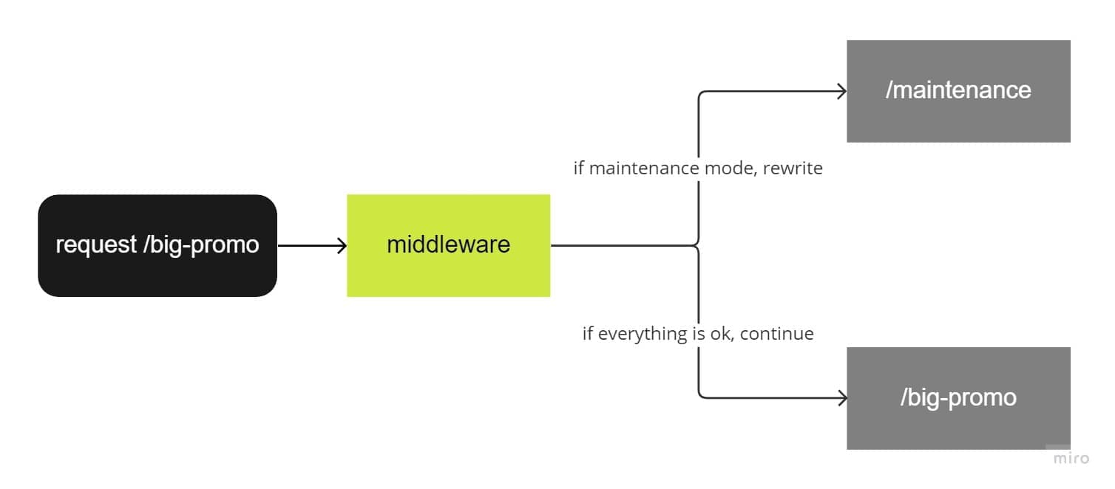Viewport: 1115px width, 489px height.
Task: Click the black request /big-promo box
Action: pos(157,245)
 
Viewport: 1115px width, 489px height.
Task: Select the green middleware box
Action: pos(448,245)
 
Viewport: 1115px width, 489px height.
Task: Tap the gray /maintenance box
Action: pos(958,90)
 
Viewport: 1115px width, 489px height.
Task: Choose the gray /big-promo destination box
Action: pos(958,398)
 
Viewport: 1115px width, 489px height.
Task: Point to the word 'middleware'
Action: pos(448,244)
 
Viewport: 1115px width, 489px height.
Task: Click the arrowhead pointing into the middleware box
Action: pos(342,245)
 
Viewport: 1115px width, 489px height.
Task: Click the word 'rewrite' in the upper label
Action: pos(793,168)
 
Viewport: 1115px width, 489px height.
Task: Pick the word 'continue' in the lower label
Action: pos(776,334)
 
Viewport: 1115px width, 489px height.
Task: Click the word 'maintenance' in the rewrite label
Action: pos(635,168)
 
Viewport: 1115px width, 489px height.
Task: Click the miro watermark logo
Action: pos(1071,458)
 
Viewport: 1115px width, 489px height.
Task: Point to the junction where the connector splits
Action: pos(699,245)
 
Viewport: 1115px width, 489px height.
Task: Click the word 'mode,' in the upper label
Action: pos(730,168)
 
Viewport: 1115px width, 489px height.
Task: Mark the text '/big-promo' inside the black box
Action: pos(201,244)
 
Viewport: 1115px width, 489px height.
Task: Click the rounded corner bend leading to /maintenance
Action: pos(701,94)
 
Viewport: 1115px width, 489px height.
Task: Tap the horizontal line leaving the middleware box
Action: pos(621,245)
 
